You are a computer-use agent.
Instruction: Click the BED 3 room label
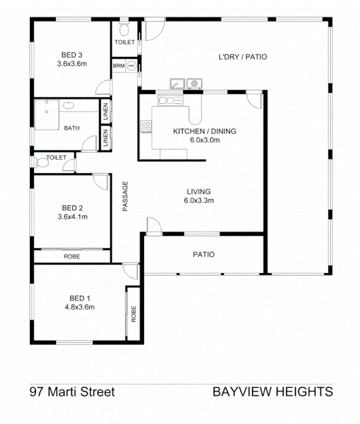pyautogui.click(x=72, y=54)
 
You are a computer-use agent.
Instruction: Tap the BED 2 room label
pyautogui.click(x=72, y=208)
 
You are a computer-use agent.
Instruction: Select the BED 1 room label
pyautogui.click(x=79, y=299)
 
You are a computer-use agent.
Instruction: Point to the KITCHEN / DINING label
pyautogui.click(x=204, y=131)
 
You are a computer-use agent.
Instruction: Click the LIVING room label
pyautogui.click(x=198, y=192)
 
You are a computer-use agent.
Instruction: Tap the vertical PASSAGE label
pyautogui.click(x=125, y=195)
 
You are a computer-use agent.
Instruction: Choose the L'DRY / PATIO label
pyautogui.click(x=242, y=57)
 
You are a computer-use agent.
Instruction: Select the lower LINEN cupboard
pyautogui.click(x=105, y=138)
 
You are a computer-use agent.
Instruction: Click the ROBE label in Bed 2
pyautogui.click(x=71, y=257)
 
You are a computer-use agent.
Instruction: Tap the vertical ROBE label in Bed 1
pyautogui.click(x=133, y=313)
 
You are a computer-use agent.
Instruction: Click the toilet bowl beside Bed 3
pyautogui.click(x=124, y=27)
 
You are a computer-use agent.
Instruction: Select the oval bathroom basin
pyautogui.click(x=68, y=105)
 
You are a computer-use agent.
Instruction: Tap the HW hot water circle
pyautogui.click(x=131, y=66)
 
